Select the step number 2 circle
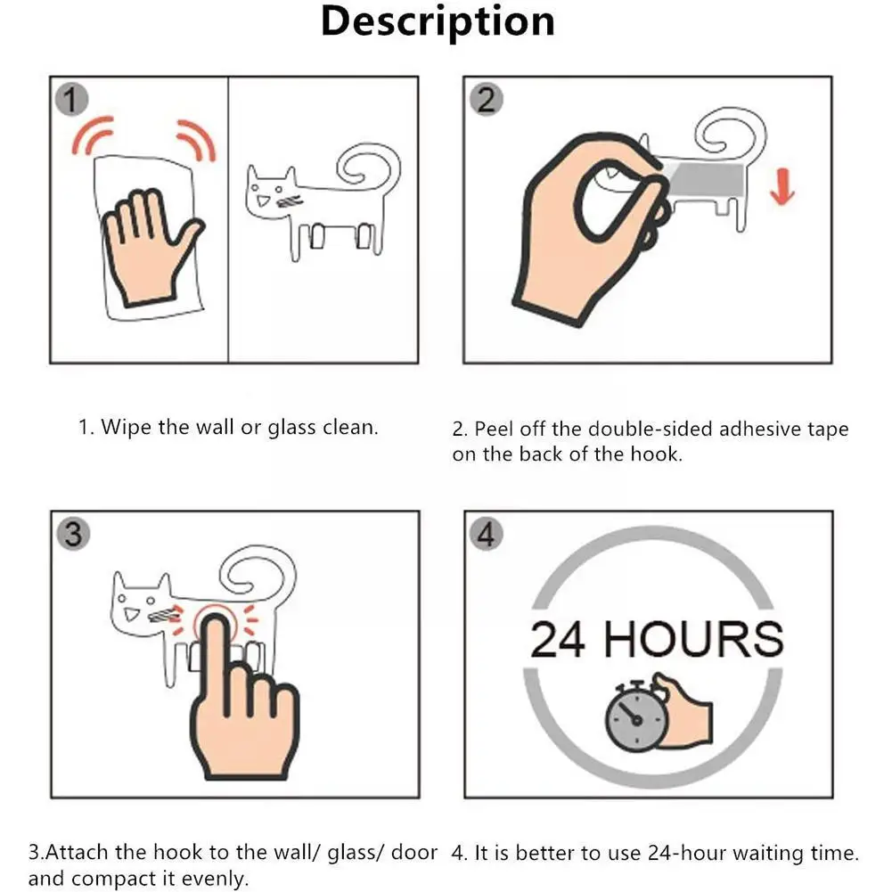[485, 99]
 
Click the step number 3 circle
[72, 534]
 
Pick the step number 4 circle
[486, 535]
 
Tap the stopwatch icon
[634, 720]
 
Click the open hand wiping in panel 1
[146, 241]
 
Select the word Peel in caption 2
[493, 430]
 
